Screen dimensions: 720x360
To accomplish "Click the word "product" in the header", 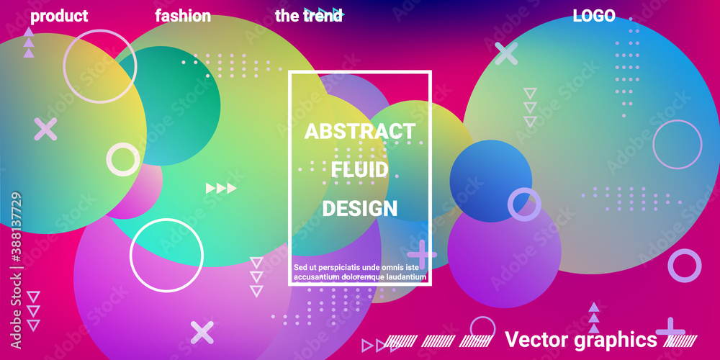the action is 59,16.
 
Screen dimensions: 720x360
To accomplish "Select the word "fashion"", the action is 183,16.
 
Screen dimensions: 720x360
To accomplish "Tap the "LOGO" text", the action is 594,16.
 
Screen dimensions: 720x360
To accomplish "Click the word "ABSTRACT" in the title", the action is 360,131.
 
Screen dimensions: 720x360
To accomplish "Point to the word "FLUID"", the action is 360,170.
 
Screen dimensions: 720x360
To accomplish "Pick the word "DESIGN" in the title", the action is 360,209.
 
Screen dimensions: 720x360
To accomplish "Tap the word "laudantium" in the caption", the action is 405,277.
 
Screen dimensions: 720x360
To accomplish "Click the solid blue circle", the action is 490,181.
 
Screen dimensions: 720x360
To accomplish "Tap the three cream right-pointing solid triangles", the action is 221,188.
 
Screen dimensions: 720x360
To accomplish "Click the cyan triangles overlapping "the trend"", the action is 324,14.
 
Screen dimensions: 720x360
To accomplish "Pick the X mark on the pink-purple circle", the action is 202,333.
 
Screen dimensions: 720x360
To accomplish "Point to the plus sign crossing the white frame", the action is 422,254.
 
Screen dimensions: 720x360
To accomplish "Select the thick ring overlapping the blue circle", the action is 524,204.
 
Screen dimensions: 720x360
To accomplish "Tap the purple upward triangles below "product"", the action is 29,42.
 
